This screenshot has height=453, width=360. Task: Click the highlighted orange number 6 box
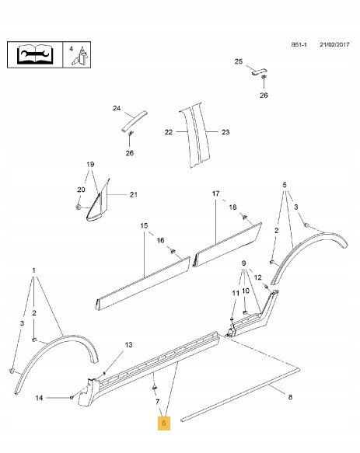(x=163, y=423)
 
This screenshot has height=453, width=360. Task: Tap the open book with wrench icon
(x=35, y=54)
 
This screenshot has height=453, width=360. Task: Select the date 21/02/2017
(x=334, y=44)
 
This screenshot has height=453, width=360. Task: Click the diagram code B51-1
(x=299, y=44)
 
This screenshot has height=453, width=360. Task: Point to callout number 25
(x=238, y=61)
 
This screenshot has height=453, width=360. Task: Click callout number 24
(x=117, y=108)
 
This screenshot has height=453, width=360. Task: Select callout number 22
(x=169, y=132)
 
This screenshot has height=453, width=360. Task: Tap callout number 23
(x=225, y=132)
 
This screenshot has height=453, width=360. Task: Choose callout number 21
(x=133, y=194)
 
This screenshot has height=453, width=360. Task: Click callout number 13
(x=128, y=345)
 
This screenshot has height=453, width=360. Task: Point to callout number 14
(x=39, y=398)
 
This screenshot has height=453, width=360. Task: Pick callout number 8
(x=290, y=397)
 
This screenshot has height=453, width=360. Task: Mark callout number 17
(x=215, y=193)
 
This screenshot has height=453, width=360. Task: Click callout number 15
(x=144, y=225)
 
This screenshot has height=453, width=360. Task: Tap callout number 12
(x=257, y=277)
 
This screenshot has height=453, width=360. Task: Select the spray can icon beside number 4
(x=82, y=57)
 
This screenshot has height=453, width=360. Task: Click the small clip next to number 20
(x=78, y=207)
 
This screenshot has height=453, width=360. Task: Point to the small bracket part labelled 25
(x=259, y=72)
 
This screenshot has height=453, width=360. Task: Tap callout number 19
(x=90, y=164)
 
